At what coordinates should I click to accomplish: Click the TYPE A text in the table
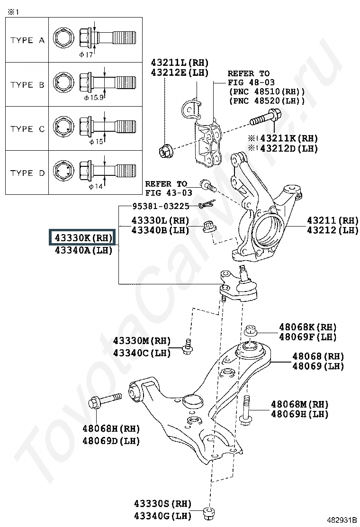[27, 41]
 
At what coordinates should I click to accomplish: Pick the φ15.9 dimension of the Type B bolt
[94, 98]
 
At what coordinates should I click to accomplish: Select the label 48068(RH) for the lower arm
[318, 356]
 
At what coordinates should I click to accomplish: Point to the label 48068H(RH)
[111, 429]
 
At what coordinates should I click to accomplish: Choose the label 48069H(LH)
[299, 414]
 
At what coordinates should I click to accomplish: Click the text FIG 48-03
[248, 82]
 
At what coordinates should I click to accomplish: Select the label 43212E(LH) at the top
[180, 72]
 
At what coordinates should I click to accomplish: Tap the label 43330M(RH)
[142, 341]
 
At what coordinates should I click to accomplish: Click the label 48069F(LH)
[307, 337]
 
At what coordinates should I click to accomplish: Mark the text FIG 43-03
[169, 192]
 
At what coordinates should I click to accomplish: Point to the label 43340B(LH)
[160, 230]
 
